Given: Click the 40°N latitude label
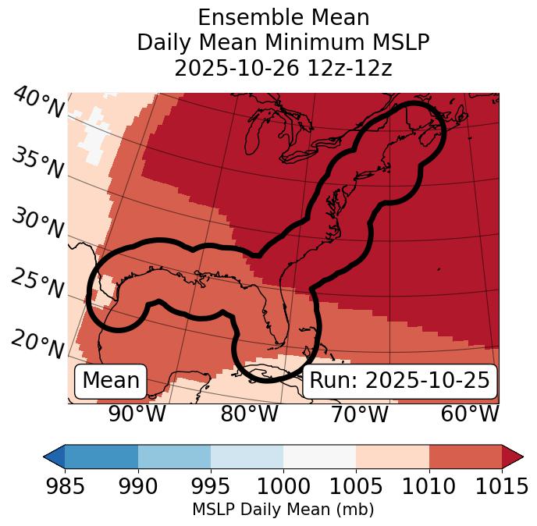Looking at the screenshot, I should click(37, 103).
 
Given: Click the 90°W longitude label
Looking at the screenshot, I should click(137, 414).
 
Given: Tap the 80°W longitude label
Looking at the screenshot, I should click(249, 414).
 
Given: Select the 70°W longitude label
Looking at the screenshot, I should click(360, 414).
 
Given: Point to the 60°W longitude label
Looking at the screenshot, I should click(470, 414).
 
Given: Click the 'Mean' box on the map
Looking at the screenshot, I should click(111, 381).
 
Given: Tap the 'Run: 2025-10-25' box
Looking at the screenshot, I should click(400, 381).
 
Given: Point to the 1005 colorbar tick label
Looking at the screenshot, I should click(356, 487).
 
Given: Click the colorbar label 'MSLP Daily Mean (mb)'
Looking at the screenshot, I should click(283, 510).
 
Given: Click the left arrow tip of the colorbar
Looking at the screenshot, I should click(46, 456).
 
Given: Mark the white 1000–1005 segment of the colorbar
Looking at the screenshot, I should click(319, 456).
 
